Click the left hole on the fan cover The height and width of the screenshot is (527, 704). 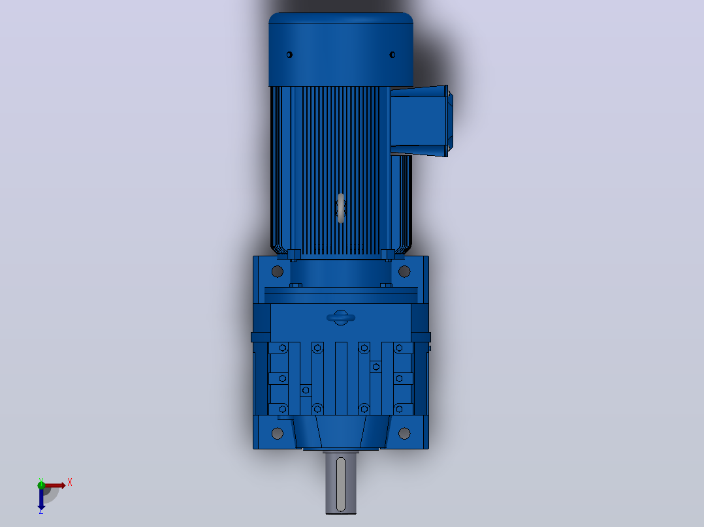click(x=289, y=55)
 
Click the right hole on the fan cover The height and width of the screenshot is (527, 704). click(x=392, y=55)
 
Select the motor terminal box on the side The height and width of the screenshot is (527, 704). click(x=421, y=121)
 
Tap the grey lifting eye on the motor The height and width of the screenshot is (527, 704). click(x=341, y=208)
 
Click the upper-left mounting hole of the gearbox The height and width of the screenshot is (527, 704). click(x=278, y=271)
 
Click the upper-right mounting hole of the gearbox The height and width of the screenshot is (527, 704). click(x=404, y=271)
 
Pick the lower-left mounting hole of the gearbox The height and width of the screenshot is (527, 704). click(x=278, y=433)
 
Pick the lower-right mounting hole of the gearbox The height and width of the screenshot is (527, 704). click(x=404, y=433)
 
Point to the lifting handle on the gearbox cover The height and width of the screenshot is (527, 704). click(x=341, y=318)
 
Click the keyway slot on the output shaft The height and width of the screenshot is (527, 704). click(x=341, y=485)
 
